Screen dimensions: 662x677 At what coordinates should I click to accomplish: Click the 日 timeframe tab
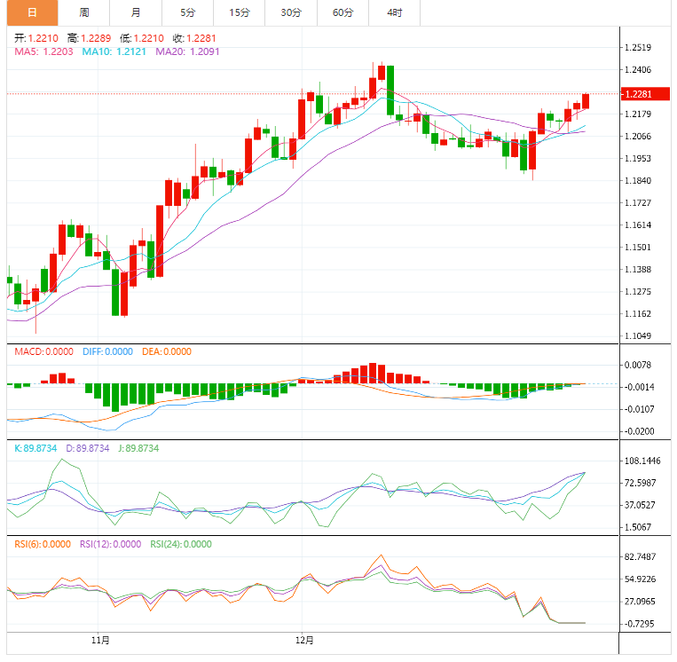click(x=32, y=12)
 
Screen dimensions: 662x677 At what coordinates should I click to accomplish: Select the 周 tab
click(x=83, y=12)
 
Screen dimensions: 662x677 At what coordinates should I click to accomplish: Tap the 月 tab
click(x=135, y=12)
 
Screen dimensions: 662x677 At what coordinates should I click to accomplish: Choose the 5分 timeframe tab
click(x=187, y=12)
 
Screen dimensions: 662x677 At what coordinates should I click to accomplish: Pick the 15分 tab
click(x=239, y=12)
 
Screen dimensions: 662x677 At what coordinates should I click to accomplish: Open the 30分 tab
click(x=291, y=12)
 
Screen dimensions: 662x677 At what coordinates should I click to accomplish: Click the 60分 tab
click(x=342, y=12)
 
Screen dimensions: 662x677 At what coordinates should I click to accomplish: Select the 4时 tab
click(x=394, y=12)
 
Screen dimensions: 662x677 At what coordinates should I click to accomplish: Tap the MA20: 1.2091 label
click(x=187, y=51)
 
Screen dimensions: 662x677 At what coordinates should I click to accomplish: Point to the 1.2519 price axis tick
click(x=639, y=48)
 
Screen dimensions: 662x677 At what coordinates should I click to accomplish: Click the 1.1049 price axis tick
click(x=639, y=336)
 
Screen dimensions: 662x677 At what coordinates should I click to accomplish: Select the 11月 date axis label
click(x=101, y=639)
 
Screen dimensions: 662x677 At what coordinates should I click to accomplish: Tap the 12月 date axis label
click(x=304, y=639)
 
